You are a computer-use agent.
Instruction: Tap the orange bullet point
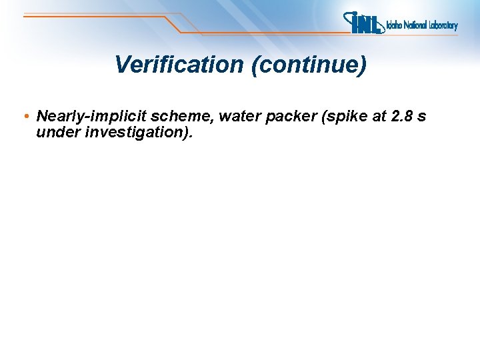25,117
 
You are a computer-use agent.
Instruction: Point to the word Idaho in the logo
395,26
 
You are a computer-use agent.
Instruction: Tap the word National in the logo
418,26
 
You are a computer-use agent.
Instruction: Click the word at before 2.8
379,117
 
